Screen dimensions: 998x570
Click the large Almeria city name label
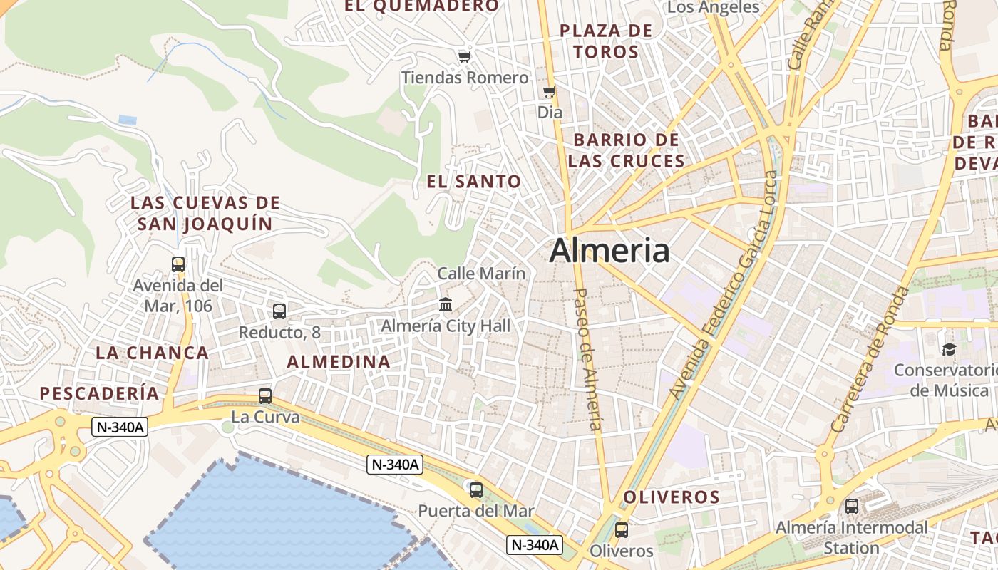click(609, 251)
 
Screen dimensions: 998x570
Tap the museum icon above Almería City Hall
click(446, 305)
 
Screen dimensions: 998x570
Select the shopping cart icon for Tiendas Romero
click(465, 56)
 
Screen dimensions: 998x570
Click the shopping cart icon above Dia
click(549, 91)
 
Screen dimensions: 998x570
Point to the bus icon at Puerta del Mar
click(475, 490)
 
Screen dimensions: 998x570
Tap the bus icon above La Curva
click(265, 396)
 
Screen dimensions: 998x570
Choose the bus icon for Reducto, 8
click(279, 311)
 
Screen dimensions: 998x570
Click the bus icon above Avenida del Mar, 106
click(178, 264)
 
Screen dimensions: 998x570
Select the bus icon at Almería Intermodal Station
click(852, 507)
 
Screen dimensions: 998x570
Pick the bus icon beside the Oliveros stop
click(622, 530)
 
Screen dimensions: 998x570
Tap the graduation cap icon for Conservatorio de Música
click(949, 349)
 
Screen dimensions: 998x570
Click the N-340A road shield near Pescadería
click(120, 427)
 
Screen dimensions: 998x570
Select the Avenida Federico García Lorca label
click(724, 285)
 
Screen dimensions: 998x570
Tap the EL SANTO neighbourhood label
click(474, 182)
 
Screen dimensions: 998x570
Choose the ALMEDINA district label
click(339, 362)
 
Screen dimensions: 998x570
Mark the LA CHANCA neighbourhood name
click(152, 353)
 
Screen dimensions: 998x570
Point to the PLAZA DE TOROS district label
click(606, 41)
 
